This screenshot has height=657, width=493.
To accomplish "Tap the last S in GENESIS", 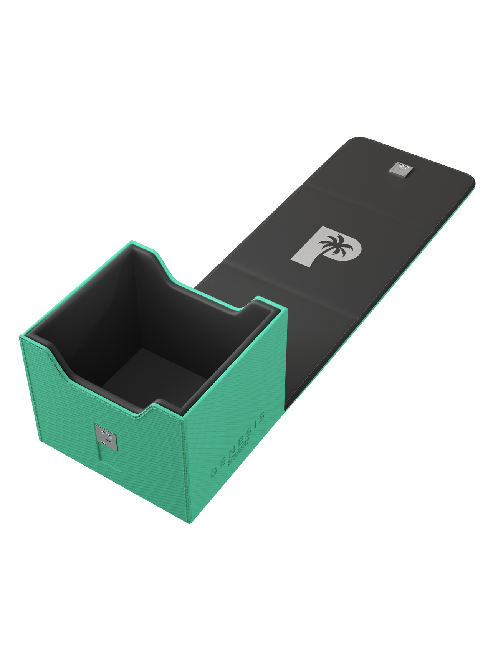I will coord(262,416).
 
